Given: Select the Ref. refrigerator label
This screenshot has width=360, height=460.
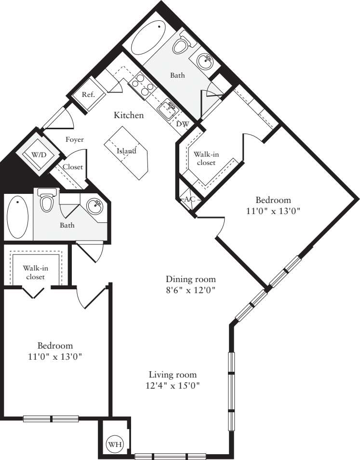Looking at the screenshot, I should point(88,95).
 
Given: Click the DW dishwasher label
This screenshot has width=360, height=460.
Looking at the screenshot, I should point(182,124).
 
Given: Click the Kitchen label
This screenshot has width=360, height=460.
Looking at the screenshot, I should point(129,115).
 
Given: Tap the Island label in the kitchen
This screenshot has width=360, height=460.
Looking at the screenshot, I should point(126,151).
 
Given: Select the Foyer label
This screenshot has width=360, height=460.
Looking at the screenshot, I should point(75,139).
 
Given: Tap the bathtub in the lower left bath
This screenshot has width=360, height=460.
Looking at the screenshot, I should point(17,217).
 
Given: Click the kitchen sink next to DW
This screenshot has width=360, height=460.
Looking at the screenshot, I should point(168,109).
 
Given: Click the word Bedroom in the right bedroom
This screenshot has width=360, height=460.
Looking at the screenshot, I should point(273,200).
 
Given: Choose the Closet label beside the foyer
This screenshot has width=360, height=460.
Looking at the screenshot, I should point(72,167).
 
